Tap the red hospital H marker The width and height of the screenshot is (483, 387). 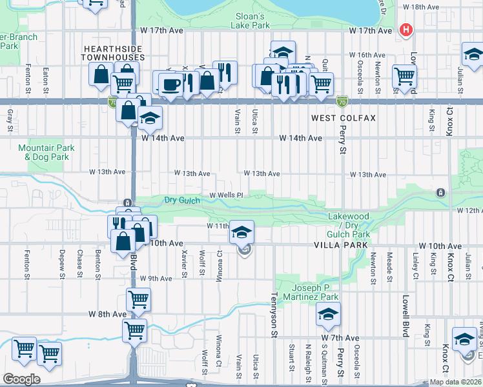tap(406, 30)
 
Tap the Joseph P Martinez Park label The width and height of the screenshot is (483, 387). tap(314, 292)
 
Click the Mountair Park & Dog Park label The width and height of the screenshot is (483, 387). tap(46, 152)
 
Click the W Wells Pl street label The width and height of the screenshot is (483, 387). tap(225, 195)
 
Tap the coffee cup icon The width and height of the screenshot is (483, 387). tap(170, 84)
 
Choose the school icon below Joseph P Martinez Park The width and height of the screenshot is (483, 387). tap(328, 314)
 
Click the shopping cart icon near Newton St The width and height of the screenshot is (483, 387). tap(404, 76)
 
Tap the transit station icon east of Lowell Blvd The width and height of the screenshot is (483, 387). tap(440, 192)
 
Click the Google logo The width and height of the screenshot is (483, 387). tap(21, 379)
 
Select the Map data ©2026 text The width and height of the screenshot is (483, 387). tap(456, 382)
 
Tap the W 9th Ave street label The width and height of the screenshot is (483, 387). tap(156, 279)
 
